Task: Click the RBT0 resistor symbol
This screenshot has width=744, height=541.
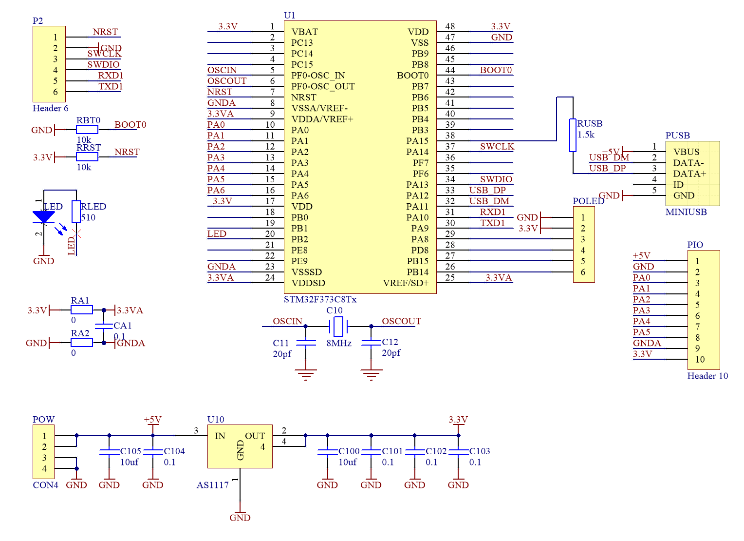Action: pos(87,129)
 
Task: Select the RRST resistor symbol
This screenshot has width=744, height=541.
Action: pos(87,156)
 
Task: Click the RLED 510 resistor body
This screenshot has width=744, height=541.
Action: pos(76,212)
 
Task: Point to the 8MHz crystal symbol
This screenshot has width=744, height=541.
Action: pos(338,326)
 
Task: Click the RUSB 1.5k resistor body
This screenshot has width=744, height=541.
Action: pos(573,135)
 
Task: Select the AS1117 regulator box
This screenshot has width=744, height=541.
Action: pos(240,446)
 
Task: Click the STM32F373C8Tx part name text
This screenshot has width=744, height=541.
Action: pos(320,299)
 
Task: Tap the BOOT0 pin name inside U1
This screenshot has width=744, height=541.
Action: pos(412,76)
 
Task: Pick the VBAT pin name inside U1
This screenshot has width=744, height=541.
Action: pos(304,32)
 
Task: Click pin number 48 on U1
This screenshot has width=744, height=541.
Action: pos(450,26)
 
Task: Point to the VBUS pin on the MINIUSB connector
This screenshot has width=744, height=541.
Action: pos(686,152)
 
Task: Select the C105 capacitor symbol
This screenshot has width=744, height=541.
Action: pos(109,452)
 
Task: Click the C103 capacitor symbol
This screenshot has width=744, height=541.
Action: pos(458,452)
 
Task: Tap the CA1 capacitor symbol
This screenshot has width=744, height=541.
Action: pos(104,326)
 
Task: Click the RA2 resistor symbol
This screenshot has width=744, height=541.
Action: pos(82,343)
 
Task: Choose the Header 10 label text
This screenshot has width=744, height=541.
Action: pos(707,376)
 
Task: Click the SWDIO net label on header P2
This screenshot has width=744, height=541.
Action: pos(103,64)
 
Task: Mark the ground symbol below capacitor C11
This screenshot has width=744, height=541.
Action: pos(306,374)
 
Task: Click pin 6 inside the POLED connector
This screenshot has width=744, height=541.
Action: pos(583,272)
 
